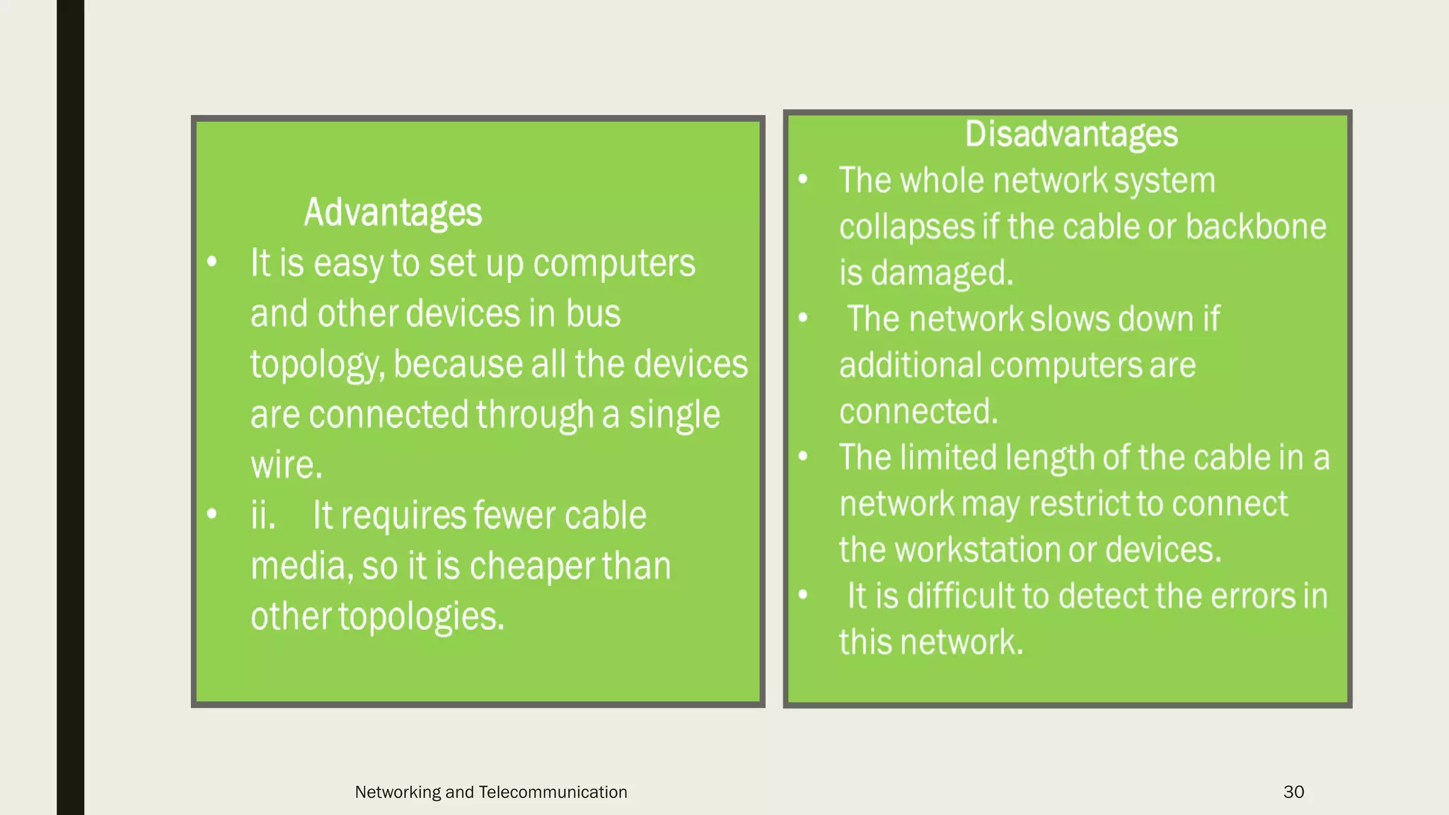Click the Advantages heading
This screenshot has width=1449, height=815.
click(x=393, y=212)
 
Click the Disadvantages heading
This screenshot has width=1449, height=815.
click(x=1071, y=134)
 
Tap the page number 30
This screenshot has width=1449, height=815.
click(x=1293, y=792)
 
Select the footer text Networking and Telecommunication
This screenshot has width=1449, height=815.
click(x=491, y=792)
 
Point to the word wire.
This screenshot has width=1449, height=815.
click(x=286, y=466)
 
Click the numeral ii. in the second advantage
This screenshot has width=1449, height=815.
click(x=262, y=515)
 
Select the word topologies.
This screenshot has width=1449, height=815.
click(x=421, y=617)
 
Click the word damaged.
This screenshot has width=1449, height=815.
click(x=942, y=273)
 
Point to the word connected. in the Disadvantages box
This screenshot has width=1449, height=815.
click(x=918, y=412)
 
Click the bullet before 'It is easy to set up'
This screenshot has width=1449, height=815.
click(x=212, y=262)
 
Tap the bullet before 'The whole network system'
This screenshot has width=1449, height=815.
click(x=803, y=179)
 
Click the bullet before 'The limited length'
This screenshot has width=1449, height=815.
click(x=803, y=456)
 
